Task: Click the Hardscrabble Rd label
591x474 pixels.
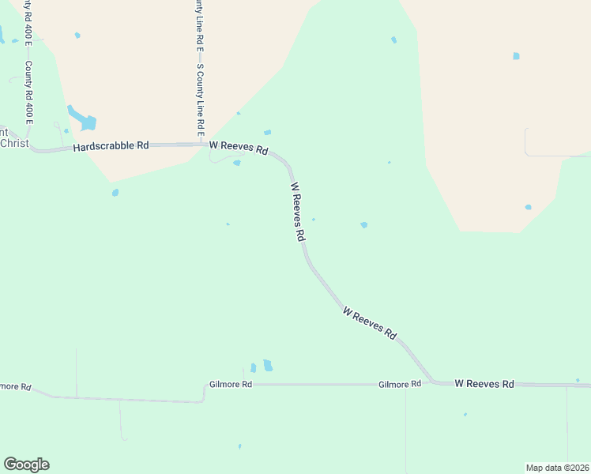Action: (x=111, y=146)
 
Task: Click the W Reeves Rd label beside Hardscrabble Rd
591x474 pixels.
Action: (x=239, y=148)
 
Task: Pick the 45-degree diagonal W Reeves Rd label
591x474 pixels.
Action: (x=370, y=323)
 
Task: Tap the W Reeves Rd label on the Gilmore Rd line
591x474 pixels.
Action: (x=484, y=384)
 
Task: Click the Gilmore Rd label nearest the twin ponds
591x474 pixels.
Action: (x=231, y=385)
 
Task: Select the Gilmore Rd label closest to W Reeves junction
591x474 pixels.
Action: (x=400, y=385)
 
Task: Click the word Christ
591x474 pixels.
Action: (x=14, y=143)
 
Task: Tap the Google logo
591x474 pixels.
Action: (x=26, y=465)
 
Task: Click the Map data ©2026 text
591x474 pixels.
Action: (x=557, y=468)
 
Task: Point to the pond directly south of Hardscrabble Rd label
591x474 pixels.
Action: (x=115, y=192)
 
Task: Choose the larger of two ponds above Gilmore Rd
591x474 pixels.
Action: (x=268, y=365)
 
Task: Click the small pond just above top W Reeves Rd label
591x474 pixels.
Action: (x=267, y=132)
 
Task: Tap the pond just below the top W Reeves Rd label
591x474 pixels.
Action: (x=237, y=164)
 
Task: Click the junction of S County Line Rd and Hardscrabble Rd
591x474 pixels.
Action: (x=201, y=145)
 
